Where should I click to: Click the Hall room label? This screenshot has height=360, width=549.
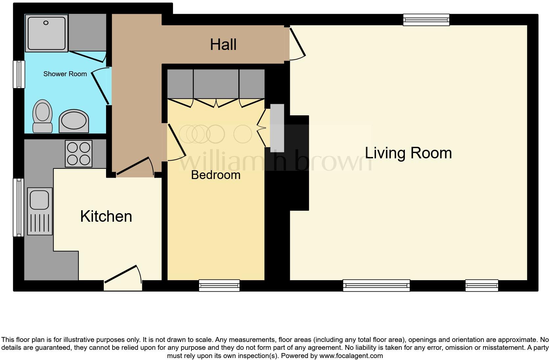(x=223, y=44)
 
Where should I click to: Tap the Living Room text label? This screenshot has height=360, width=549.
(x=408, y=153)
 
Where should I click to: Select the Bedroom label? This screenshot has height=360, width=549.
(x=216, y=175)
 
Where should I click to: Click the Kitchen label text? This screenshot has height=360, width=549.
(x=106, y=216)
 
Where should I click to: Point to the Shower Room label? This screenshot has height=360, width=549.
(x=65, y=74)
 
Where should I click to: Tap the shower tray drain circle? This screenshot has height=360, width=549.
(x=46, y=23)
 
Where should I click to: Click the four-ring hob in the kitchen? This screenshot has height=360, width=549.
(x=78, y=153)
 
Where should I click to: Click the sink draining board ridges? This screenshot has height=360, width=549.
(x=40, y=223)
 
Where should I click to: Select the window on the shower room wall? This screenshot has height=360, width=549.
(x=19, y=74)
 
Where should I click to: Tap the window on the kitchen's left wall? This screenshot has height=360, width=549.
(x=18, y=207)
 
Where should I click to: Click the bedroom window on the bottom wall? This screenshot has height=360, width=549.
(x=219, y=285)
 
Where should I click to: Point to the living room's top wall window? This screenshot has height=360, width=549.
(x=426, y=20)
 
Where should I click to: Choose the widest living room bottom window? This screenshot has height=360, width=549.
(x=376, y=285)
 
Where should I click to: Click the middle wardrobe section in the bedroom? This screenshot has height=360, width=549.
(x=216, y=84)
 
